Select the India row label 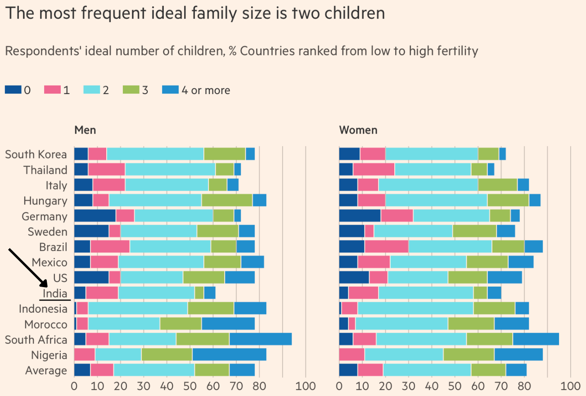[x=55, y=293]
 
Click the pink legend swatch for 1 [x=52, y=90]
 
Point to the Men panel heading [x=85, y=130]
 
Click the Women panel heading [x=358, y=130]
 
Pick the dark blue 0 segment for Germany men [x=95, y=216]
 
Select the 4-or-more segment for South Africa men [x=260, y=339]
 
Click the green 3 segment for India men [x=199, y=293]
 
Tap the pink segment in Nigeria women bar [x=352, y=355]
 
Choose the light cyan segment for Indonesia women [x=415, y=309]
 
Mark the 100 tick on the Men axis [x=306, y=386]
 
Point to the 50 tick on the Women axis [x=455, y=386]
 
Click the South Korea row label [x=36, y=154]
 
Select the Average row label [x=46, y=370]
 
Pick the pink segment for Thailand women [x=374, y=170]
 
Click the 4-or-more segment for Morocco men [x=228, y=324]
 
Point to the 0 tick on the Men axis [x=74, y=386]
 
